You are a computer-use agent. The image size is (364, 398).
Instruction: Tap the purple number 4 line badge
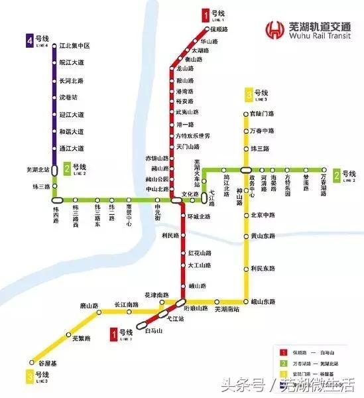click(30, 41)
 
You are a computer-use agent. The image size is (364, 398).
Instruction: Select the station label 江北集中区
click(74, 46)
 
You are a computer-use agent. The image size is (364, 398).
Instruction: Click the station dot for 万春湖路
click(324, 170)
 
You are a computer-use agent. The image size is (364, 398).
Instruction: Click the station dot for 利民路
click(183, 235)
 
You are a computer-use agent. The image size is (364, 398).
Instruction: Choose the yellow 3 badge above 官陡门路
click(249, 95)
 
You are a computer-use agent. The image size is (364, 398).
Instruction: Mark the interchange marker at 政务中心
click(247, 170)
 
